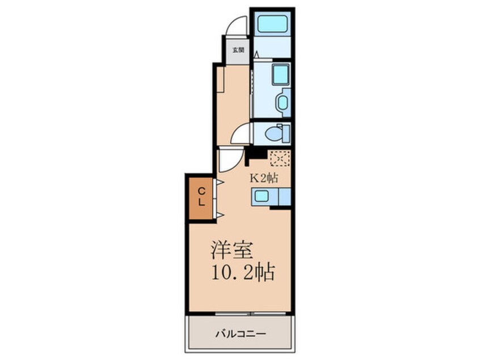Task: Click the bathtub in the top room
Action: click(272, 24)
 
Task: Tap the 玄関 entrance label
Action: click(237, 50)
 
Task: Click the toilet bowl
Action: click(275, 134)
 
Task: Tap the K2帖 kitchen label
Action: click(264, 177)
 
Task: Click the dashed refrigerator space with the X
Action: click(280, 158)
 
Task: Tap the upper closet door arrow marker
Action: click(219, 182)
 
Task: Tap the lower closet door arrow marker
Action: click(219, 214)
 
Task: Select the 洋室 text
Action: click(232, 249)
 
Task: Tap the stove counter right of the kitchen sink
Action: click(284, 196)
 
